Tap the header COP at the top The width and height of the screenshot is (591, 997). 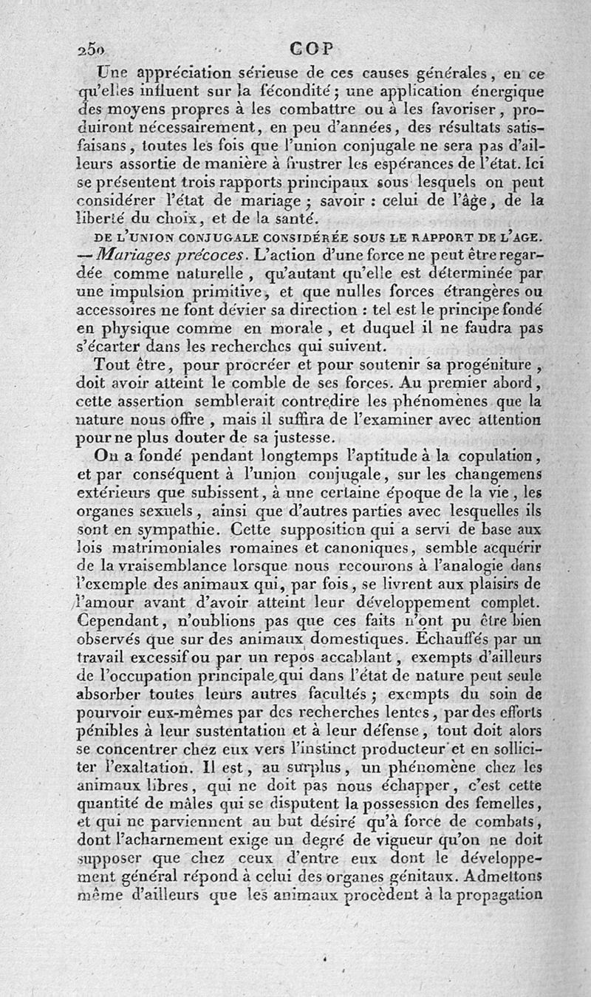[x=311, y=49]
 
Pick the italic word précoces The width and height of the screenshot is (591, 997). [x=211, y=256]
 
